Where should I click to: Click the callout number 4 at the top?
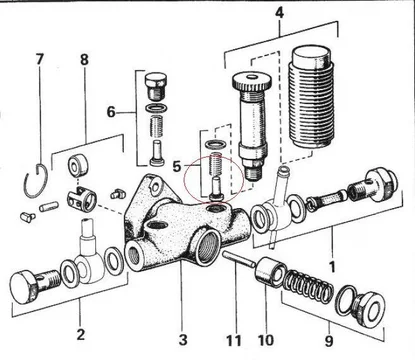click(x=279, y=12)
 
